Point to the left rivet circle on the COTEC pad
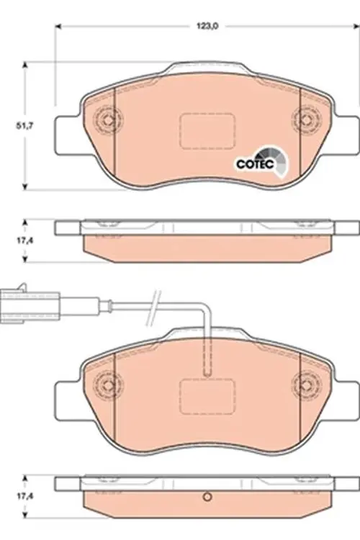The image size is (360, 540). pyautogui.click(x=108, y=120)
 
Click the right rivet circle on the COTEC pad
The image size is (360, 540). pyautogui.click(x=305, y=120)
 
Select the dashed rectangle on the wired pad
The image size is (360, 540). pyautogui.click(x=206, y=395)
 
